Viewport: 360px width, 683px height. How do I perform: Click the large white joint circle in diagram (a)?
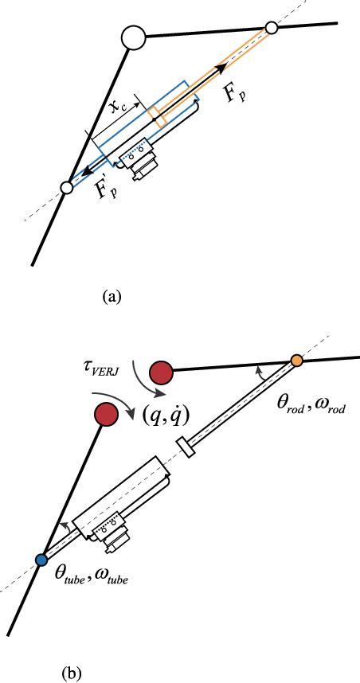coord(132,37)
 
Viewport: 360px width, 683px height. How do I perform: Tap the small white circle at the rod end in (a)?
coord(271,28)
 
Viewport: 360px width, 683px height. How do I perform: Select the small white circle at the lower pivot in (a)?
coord(67,188)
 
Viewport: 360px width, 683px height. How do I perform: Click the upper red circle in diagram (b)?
coord(162,371)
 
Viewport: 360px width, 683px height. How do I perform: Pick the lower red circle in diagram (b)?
coord(105,415)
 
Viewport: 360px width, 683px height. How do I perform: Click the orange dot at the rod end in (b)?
coord(296,361)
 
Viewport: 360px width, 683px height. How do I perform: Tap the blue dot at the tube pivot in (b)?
coord(41,560)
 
